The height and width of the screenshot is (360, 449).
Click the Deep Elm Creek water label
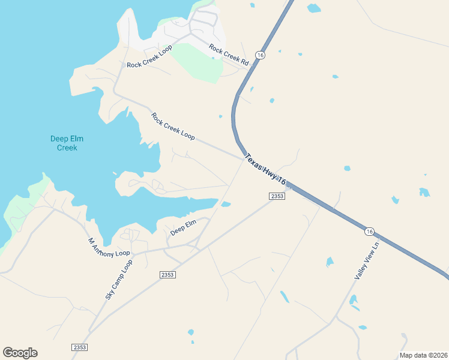click(63, 143)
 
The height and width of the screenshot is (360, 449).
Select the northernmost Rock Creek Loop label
click(149, 56)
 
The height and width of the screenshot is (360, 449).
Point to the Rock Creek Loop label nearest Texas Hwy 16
click(173, 126)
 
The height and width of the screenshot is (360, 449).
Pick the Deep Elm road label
click(183, 228)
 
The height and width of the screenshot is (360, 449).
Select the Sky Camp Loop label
click(118, 280)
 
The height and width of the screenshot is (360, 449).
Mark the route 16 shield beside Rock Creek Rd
click(259, 55)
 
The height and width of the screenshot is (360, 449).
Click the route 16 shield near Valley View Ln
click(370, 231)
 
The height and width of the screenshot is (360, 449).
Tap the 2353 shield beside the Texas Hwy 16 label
click(276, 196)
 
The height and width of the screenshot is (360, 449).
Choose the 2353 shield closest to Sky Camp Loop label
click(167, 274)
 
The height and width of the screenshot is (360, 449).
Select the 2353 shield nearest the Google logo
click(79, 347)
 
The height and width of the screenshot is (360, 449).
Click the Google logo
click(20, 353)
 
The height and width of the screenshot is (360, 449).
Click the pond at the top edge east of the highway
click(313, 8)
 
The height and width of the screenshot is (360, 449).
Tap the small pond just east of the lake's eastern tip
click(226, 205)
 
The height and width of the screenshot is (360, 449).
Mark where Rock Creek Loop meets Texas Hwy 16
click(244, 158)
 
